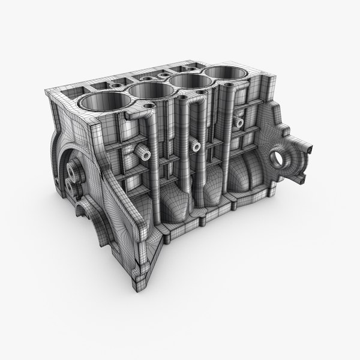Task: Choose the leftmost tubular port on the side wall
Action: click(x=145, y=154)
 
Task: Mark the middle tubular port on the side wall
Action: click(x=196, y=146)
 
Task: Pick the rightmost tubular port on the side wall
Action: click(x=239, y=123)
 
